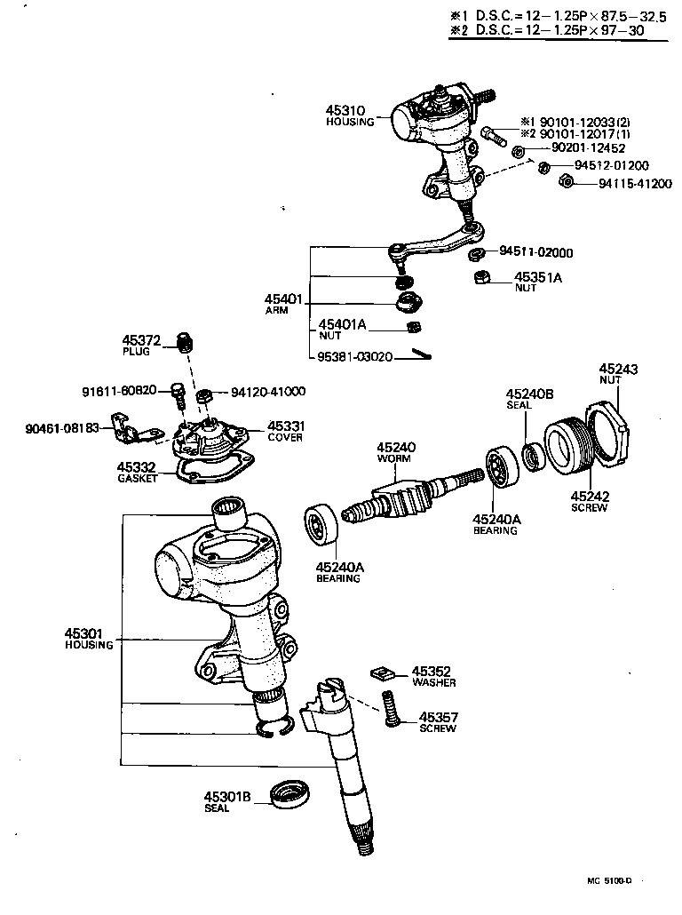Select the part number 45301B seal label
(x=228, y=796)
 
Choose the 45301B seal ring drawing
(x=289, y=792)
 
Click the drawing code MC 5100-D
(x=608, y=880)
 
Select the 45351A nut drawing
(x=480, y=280)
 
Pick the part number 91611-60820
(x=119, y=390)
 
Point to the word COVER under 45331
(x=285, y=437)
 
